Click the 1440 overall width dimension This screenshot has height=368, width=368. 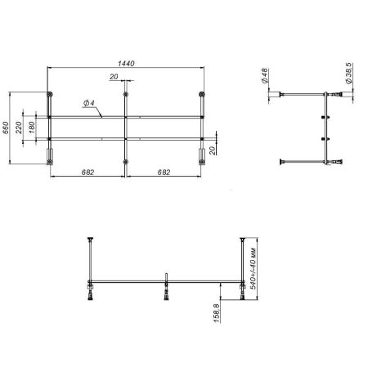click(126, 63)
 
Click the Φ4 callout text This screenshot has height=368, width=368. click(88, 104)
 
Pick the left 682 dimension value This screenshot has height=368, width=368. click(88, 172)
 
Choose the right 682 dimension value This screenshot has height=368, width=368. click(164, 172)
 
